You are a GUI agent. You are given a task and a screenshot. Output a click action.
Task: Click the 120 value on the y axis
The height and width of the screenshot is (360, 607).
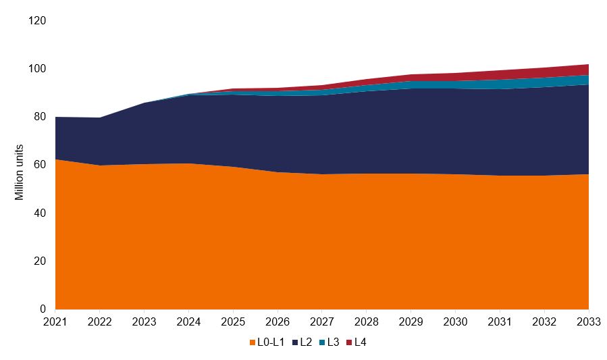pyautogui.click(x=37, y=21)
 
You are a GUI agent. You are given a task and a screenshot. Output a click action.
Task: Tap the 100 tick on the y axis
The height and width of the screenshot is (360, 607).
pyautogui.click(x=37, y=69)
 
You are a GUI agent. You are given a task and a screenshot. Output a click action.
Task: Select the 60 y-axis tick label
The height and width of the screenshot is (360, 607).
pyautogui.click(x=40, y=165)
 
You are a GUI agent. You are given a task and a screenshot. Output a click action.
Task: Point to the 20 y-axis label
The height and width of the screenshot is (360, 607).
pyautogui.click(x=40, y=261)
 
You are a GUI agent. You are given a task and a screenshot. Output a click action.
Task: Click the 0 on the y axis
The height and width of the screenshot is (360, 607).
pyautogui.click(x=43, y=309)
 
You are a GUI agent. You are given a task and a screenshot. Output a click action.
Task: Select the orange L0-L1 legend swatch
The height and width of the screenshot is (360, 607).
pyautogui.click(x=253, y=342)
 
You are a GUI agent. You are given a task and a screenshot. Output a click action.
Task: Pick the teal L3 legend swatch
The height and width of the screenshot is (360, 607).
pyautogui.click(x=322, y=342)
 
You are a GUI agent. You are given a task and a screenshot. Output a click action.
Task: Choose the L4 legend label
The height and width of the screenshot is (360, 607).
pyautogui.click(x=361, y=342)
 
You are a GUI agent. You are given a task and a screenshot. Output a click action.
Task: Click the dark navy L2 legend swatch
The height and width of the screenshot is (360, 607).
pyautogui.click(x=296, y=342)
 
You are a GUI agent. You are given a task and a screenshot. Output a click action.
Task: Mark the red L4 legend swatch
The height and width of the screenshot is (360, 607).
pyautogui.click(x=348, y=342)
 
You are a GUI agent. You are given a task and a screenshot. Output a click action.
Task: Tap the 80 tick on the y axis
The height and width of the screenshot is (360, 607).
pyautogui.click(x=40, y=117)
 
